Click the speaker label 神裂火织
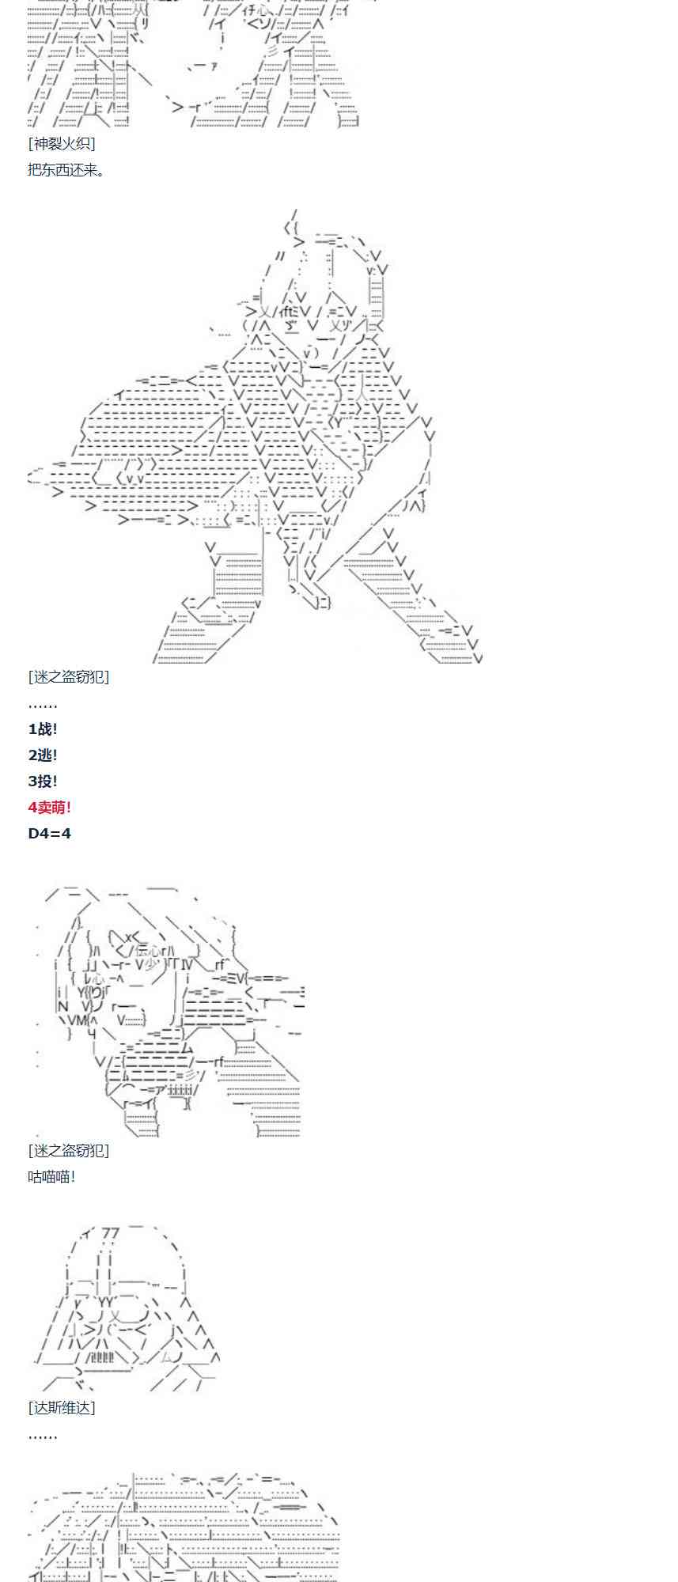[x=62, y=143]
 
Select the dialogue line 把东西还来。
[x=66, y=169]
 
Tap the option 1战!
[x=43, y=729]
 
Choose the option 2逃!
[x=43, y=755]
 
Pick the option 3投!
[x=43, y=782]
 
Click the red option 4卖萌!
[x=50, y=808]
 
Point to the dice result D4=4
[x=50, y=834]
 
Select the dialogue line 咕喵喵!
[x=52, y=1176]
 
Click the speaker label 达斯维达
[x=62, y=1408]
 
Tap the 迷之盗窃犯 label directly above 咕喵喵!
[x=69, y=1150]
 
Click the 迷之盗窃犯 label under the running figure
[x=69, y=677]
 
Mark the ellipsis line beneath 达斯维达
[x=43, y=1435]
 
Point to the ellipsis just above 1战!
[x=43, y=704]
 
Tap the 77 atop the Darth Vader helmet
[x=111, y=1234]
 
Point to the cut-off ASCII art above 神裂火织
[x=190, y=63]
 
